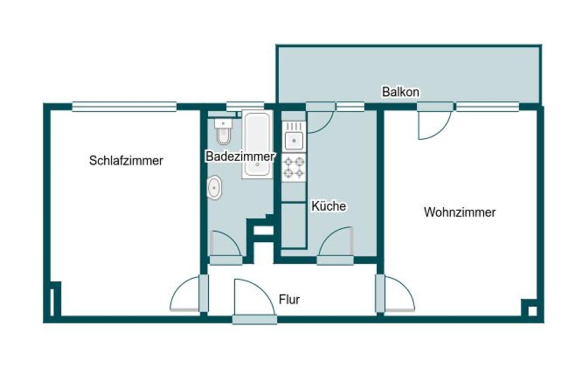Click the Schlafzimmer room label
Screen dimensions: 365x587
126,161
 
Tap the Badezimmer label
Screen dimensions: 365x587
240,156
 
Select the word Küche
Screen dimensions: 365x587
328,206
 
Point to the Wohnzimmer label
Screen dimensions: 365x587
460,212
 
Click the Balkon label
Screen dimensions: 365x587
401,92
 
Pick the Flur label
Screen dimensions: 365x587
289,300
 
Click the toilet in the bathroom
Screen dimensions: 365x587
223,132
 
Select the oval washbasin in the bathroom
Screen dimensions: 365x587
214,187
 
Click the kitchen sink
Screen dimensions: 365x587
294,140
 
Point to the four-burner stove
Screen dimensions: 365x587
294,167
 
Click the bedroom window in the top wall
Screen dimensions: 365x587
124,107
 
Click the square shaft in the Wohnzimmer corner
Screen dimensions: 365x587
532,311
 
